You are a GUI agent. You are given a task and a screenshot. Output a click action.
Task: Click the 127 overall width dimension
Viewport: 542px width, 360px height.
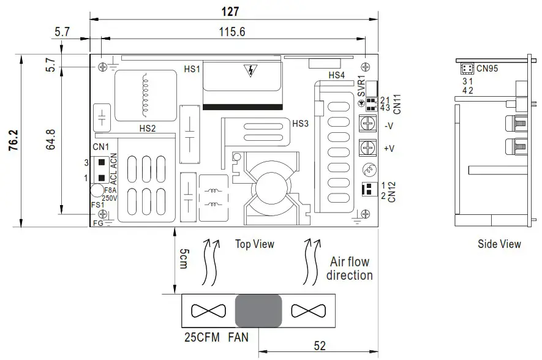click(231, 11)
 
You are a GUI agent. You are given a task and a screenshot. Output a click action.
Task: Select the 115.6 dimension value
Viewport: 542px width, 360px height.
click(231, 32)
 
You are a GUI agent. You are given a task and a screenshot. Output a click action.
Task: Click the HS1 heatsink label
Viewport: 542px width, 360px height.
click(192, 69)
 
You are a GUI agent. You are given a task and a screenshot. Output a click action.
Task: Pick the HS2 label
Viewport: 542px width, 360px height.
click(147, 129)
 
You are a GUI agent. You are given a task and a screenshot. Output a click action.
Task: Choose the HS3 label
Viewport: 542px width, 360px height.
click(300, 123)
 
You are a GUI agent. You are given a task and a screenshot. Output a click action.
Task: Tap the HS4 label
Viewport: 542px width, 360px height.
click(336, 75)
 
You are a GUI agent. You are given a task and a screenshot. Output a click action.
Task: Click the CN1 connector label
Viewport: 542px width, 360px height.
click(100, 147)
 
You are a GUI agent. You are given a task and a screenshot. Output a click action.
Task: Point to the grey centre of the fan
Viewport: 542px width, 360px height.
click(258, 310)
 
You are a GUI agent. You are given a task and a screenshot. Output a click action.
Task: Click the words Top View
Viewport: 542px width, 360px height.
click(255, 244)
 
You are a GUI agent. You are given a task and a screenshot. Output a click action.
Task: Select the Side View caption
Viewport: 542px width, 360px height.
click(499, 244)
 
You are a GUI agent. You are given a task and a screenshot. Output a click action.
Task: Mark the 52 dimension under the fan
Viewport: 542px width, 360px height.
click(319, 345)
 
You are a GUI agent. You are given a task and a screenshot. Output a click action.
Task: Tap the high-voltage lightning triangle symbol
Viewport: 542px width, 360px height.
click(250, 71)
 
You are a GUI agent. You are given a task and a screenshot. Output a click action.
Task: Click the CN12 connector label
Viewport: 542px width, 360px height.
click(392, 191)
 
